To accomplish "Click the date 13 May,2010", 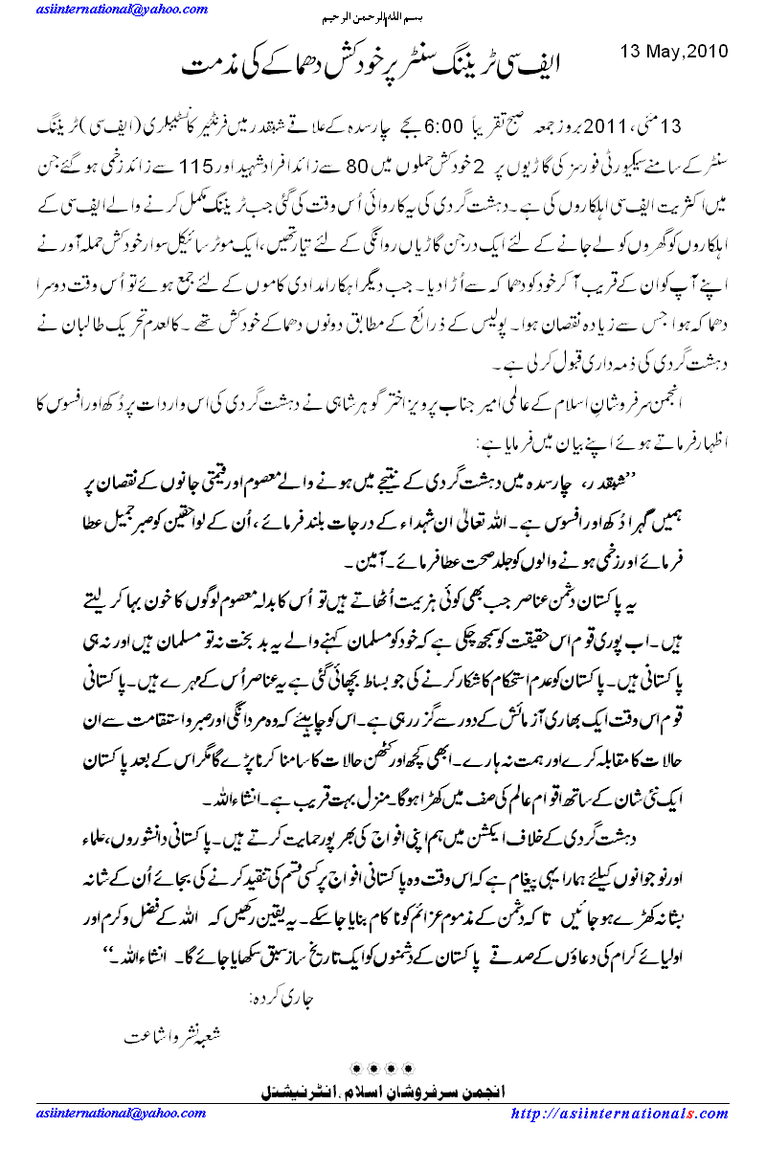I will (675, 51).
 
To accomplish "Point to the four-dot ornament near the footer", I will (383, 1066).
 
